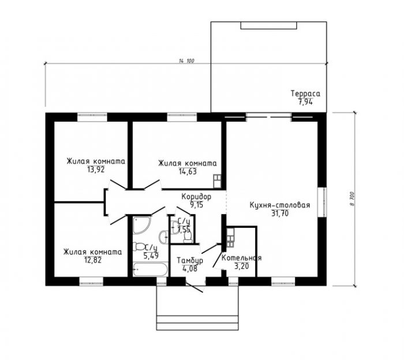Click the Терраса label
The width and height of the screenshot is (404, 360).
click(x=305, y=93)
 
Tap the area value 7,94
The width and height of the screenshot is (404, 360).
click(x=305, y=102)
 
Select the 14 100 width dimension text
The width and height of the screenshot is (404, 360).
click(x=186, y=61)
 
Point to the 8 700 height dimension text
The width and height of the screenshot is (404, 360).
click(x=352, y=198)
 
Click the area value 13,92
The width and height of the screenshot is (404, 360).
click(x=96, y=170)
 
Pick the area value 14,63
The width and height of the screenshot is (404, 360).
click(x=188, y=171)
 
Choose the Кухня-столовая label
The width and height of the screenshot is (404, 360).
click(x=280, y=205)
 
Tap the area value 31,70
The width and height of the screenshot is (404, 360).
click(x=280, y=213)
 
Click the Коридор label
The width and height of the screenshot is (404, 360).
click(x=196, y=197)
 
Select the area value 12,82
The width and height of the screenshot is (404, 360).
click(x=93, y=260)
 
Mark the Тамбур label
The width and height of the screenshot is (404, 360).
click(x=190, y=261)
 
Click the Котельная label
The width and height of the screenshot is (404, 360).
click(x=241, y=258)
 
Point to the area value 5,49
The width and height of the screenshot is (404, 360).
click(x=151, y=256)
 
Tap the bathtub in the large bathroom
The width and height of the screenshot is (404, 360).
click(x=151, y=269)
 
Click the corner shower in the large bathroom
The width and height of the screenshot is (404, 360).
click(x=141, y=226)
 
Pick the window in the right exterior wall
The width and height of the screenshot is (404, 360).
click(x=322, y=202)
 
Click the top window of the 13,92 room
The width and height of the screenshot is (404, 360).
click(x=92, y=117)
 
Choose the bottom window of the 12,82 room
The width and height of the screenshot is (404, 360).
click(x=91, y=281)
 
